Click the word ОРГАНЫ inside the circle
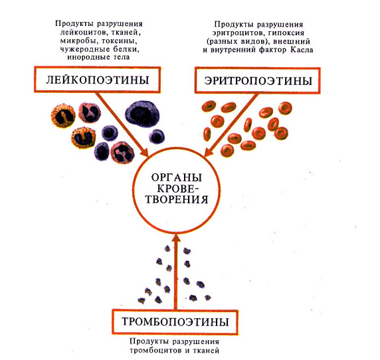(177, 177)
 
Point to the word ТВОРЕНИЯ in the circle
(177, 199)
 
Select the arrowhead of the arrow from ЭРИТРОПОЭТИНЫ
(209, 152)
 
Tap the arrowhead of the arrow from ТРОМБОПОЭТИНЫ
(177, 237)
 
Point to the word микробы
(78, 41)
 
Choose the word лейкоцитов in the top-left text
(83, 33)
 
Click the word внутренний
(232, 50)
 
